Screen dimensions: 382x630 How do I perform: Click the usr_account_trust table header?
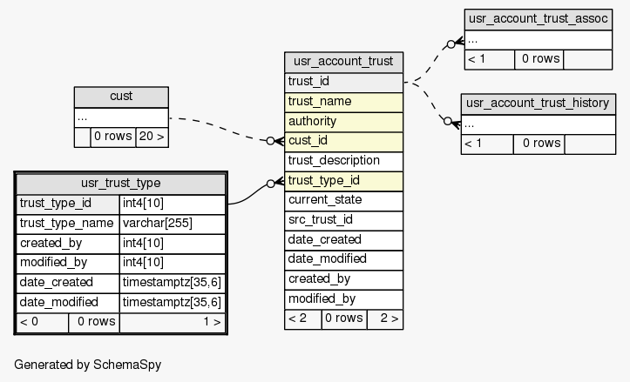click(343, 62)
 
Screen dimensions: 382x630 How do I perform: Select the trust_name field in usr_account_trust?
click(343, 102)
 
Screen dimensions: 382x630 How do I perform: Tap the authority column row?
click(343, 121)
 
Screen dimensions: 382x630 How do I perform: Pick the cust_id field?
click(343, 141)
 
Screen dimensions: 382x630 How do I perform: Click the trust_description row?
click(343, 161)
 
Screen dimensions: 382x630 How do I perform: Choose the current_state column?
click(343, 200)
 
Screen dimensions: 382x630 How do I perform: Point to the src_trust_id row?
click(343, 220)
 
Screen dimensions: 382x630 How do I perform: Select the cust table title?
click(121, 97)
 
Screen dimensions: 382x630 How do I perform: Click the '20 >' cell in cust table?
click(152, 137)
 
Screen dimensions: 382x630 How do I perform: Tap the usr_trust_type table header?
click(120, 184)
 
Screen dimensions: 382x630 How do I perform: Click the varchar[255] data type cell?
click(172, 224)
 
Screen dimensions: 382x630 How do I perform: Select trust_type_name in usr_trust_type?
click(68, 224)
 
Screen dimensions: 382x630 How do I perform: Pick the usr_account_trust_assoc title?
click(538, 18)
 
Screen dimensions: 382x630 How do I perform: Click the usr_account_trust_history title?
click(538, 104)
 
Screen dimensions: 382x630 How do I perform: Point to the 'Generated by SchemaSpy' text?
click(87, 364)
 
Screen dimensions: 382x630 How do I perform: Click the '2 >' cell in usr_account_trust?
click(384, 318)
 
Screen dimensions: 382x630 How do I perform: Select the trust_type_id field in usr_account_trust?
click(343, 181)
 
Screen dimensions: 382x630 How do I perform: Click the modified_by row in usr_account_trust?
click(343, 299)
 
